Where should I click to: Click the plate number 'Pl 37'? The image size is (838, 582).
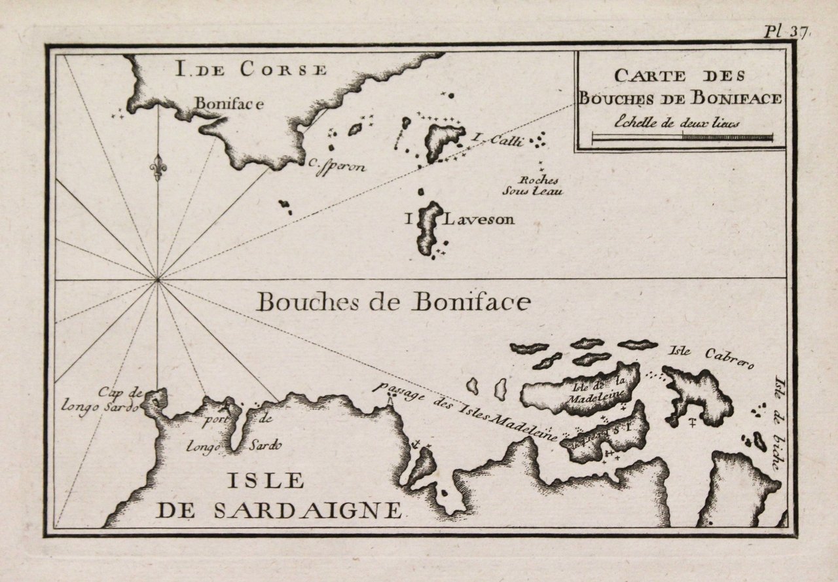pyautogui.click(x=784, y=31)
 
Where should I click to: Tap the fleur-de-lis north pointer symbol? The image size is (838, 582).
pyautogui.click(x=158, y=166)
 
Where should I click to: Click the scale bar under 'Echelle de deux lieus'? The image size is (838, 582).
pyautogui.click(x=682, y=137)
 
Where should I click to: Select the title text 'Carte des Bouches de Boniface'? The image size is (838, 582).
pyautogui.click(x=680, y=87)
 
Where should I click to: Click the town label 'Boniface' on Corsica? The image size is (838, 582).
pyautogui.click(x=229, y=103)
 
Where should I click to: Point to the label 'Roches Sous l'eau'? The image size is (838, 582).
pyautogui.click(x=540, y=186)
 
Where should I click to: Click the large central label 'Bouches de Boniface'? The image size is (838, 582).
pyautogui.click(x=392, y=302)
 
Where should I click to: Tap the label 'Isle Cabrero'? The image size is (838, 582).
pyautogui.click(x=711, y=357)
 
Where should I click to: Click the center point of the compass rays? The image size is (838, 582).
pyautogui.click(x=157, y=280)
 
